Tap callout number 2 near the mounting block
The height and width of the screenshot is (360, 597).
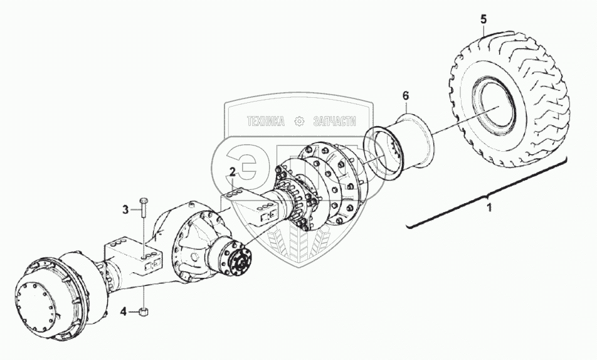[232, 172]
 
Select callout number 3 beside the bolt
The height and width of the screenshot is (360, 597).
[125, 209]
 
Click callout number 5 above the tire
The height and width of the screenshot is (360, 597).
[483, 19]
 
